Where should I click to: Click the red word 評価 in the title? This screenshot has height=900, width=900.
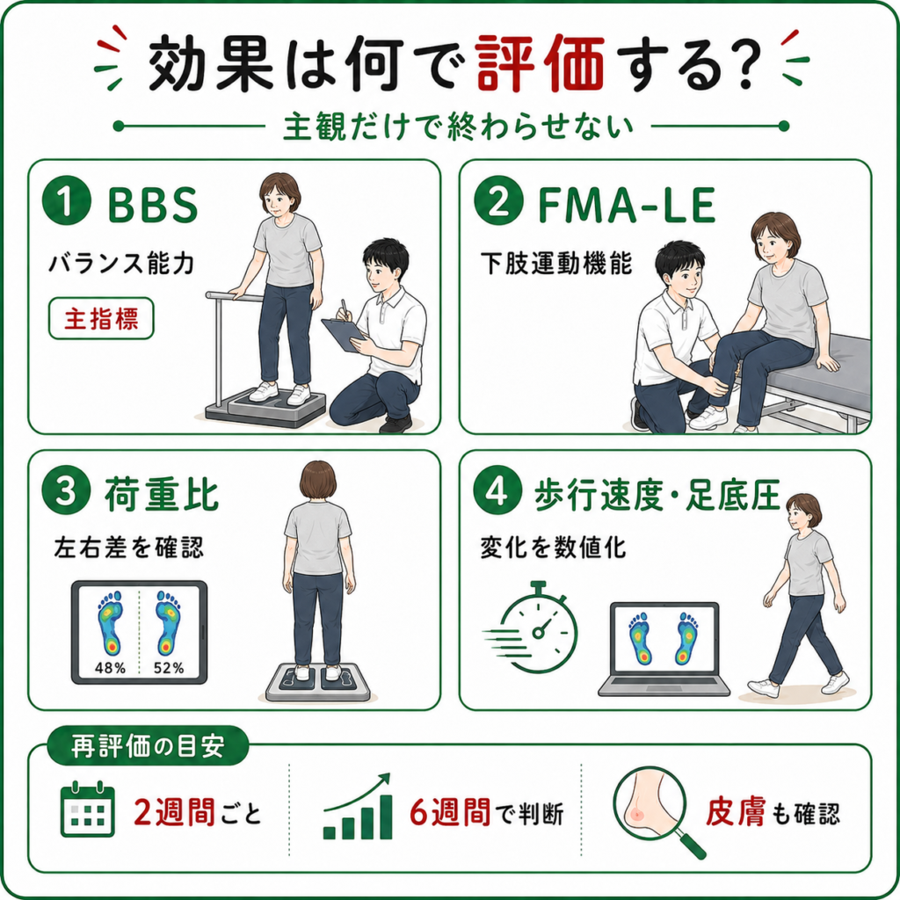click(541, 63)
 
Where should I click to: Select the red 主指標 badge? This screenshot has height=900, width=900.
click(101, 318)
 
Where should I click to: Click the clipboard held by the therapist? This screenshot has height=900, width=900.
click(344, 334)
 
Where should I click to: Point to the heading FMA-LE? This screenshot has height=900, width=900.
click(626, 206)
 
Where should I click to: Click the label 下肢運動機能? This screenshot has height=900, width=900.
click(555, 263)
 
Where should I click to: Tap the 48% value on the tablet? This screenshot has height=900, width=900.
click(110, 668)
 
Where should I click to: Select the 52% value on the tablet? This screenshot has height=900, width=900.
click(169, 668)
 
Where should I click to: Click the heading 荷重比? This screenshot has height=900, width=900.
click(162, 494)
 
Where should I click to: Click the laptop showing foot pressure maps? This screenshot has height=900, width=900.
click(664, 650)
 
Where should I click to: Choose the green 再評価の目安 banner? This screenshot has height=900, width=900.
click(148, 747)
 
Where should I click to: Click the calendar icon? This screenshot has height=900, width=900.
click(87, 809)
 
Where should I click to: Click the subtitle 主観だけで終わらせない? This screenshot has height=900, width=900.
click(459, 127)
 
